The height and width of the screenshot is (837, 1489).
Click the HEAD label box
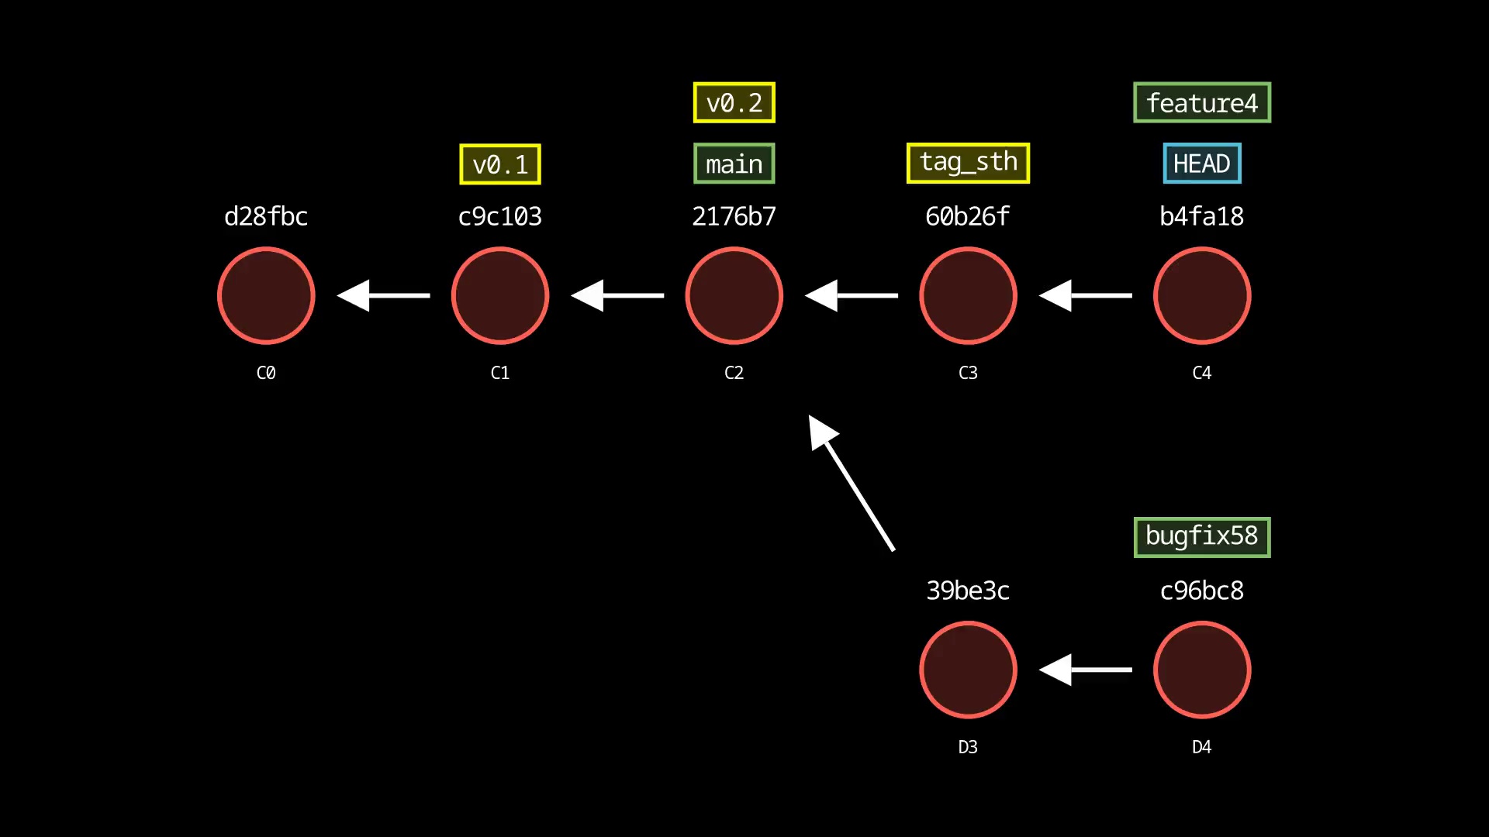[x=1201, y=164]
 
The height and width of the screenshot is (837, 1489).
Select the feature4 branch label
[x=1201, y=102]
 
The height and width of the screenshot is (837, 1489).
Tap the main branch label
[x=734, y=164]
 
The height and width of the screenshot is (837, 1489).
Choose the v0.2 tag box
[x=734, y=102]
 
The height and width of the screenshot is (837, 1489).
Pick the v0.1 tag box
[x=499, y=164]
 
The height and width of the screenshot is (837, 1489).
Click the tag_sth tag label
[x=968, y=163]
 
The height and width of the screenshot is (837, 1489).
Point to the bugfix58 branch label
[x=1201, y=536]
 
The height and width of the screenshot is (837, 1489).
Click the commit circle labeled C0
[x=266, y=295]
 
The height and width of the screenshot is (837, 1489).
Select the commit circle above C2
[x=734, y=295]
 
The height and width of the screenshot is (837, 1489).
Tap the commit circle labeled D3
[x=968, y=670]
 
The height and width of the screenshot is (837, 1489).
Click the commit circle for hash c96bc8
[x=1201, y=670]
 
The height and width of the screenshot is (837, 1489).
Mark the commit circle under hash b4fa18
[x=1201, y=295]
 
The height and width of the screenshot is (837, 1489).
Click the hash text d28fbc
[x=266, y=216]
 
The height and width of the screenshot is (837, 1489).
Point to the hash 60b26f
[x=968, y=216]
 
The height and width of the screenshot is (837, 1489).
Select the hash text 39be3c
[x=968, y=591]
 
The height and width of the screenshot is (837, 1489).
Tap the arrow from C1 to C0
[x=384, y=295]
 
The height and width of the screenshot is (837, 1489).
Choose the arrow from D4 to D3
[x=1085, y=670]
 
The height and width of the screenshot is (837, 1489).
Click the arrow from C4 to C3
[x=1085, y=295]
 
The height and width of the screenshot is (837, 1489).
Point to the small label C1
[x=499, y=373]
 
